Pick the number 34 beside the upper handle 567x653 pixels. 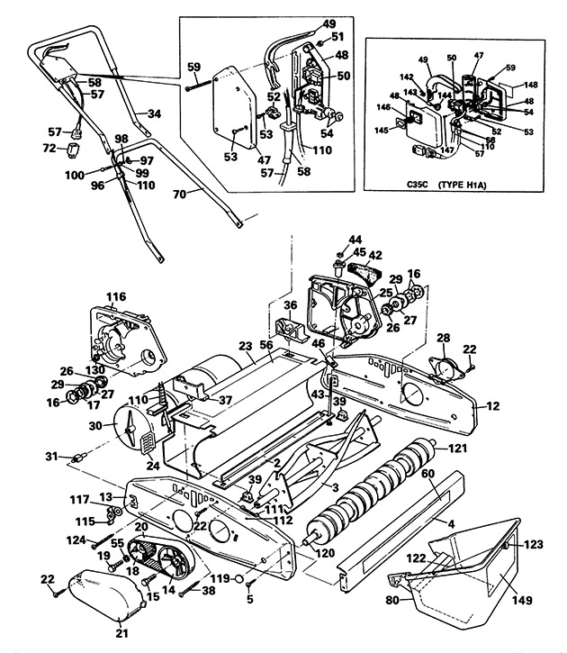(154, 114)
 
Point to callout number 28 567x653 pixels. (442, 338)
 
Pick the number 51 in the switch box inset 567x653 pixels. (337, 37)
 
